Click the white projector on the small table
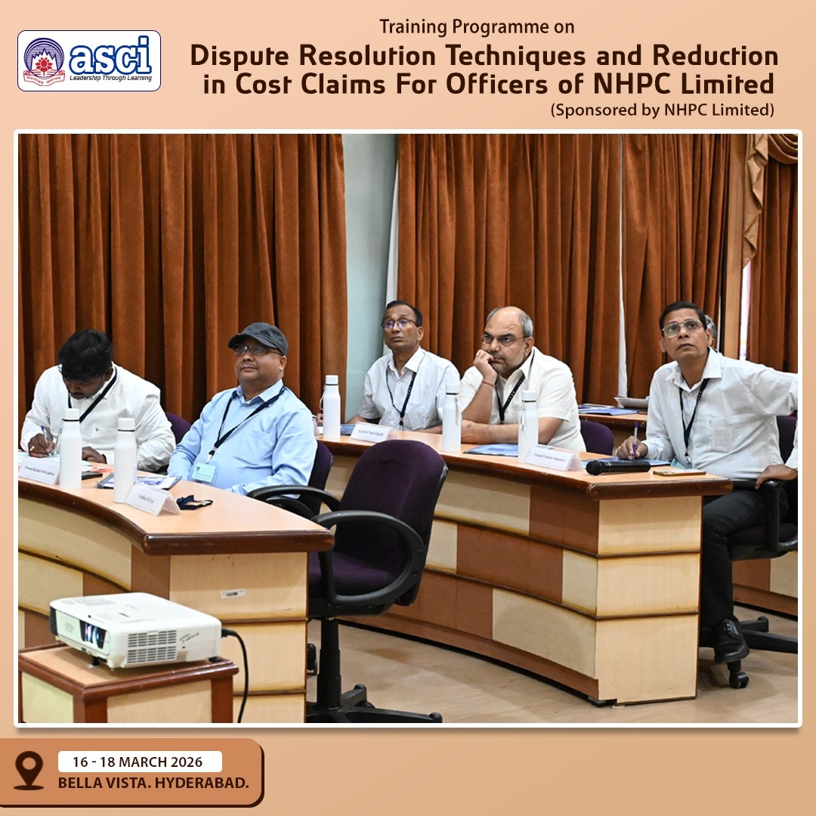coord(136,629)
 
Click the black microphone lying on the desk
coord(618,467)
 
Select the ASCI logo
coord(89,60)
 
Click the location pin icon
coord(29,769)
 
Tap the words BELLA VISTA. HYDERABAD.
coord(153,783)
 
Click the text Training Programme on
coord(477,27)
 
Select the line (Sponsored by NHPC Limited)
coord(663,110)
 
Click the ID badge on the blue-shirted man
coord(203,472)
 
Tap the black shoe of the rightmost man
coord(729,641)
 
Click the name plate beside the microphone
coord(551,456)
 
